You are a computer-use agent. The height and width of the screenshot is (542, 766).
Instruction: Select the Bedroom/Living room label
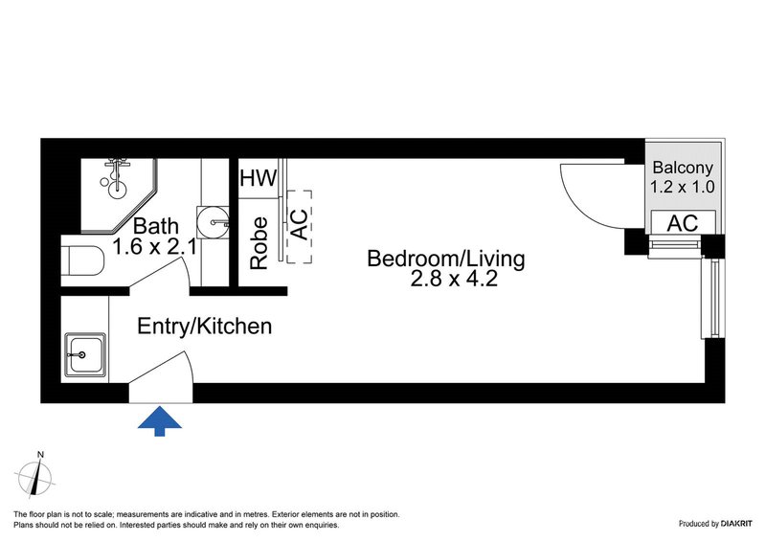point(446,259)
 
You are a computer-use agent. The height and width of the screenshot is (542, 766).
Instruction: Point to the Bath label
point(155,227)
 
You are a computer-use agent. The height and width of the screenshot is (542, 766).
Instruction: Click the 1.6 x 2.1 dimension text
point(155,247)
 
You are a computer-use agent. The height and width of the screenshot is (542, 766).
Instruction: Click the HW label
point(258,178)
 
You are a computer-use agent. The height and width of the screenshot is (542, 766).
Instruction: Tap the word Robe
point(259,243)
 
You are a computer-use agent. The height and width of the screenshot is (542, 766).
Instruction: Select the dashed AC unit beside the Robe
point(298,224)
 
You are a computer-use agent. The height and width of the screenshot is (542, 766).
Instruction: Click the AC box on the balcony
point(682,223)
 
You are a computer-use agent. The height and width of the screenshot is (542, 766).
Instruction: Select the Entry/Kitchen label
point(205,327)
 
